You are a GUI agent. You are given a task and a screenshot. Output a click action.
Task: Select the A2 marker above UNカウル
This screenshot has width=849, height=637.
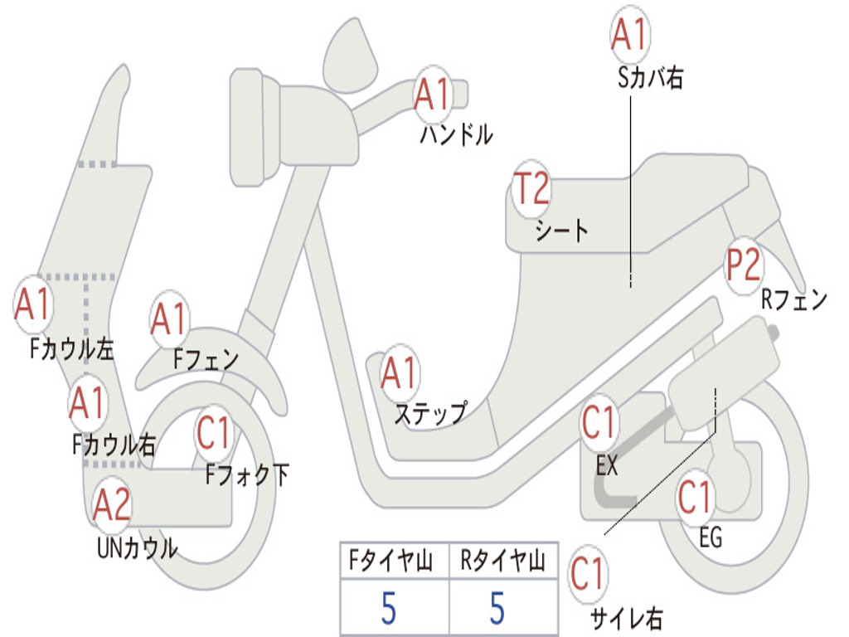[112, 505]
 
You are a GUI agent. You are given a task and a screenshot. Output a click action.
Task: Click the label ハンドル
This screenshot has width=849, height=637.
[456, 134]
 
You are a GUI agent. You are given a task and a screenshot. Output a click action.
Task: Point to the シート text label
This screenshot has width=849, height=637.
[561, 231]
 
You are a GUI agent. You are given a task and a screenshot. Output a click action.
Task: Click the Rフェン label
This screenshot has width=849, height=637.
[794, 299]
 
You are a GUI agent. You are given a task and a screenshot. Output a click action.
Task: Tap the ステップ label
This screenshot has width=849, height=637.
[430, 412]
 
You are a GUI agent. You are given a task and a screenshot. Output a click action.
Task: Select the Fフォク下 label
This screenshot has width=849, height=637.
[247, 474]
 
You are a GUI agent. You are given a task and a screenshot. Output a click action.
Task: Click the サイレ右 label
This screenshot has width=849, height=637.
[626, 618]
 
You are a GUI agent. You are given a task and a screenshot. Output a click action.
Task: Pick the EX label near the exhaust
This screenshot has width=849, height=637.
[607, 466]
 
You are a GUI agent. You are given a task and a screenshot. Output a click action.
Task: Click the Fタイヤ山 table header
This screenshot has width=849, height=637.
[393, 564]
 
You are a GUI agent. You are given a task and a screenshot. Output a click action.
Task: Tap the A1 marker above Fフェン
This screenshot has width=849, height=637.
[170, 319]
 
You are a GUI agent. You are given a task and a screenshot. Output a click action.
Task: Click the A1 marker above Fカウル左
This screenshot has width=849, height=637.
[34, 306]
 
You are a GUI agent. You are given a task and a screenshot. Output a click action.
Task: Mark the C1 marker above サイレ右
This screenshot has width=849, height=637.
[589, 574]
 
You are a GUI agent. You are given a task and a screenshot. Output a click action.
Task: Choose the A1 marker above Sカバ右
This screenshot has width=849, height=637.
[630, 35]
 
